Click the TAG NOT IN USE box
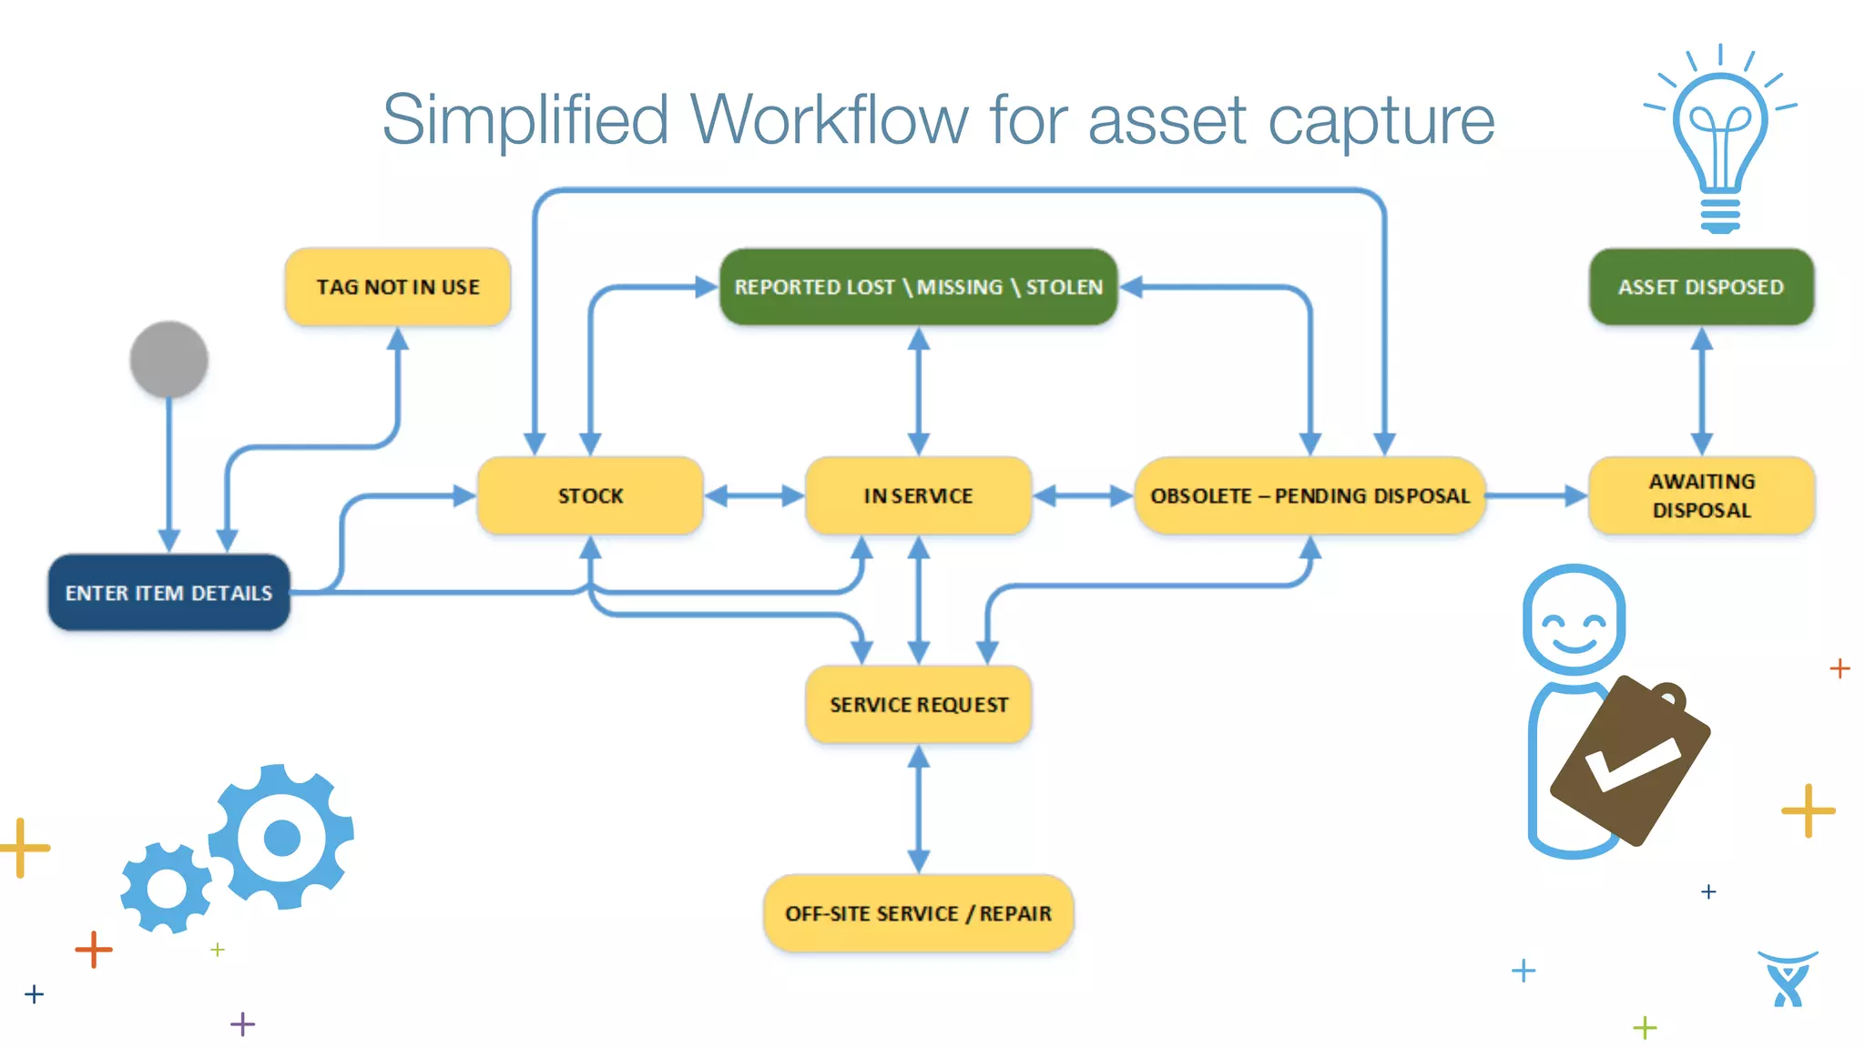pyautogui.click(x=397, y=287)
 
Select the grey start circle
pyautogui.click(x=169, y=359)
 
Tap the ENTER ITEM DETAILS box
pyautogui.click(x=168, y=593)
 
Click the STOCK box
pyautogui.click(x=590, y=495)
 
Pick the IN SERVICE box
pyautogui.click(x=918, y=495)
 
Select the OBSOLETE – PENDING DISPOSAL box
pyautogui.click(x=1310, y=495)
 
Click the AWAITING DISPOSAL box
pyautogui.click(x=1701, y=495)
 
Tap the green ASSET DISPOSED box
pyautogui.click(x=1701, y=287)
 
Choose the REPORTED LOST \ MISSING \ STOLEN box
pyautogui.click(x=918, y=287)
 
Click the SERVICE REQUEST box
pyautogui.click(x=918, y=704)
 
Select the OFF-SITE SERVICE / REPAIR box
pyautogui.click(x=918, y=912)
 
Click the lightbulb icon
pyautogui.click(x=1719, y=137)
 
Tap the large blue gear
pyautogui.click(x=281, y=836)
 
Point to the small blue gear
pyautogui.click(x=167, y=888)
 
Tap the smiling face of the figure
pyautogui.click(x=1574, y=622)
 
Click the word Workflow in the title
pyautogui.click(x=829, y=119)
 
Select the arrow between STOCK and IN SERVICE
pyautogui.click(x=754, y=495)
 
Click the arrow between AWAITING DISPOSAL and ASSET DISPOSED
pyautogui.click(x=1701, y=392)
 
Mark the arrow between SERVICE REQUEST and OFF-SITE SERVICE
pyautogui.click(x=918, y=809)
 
